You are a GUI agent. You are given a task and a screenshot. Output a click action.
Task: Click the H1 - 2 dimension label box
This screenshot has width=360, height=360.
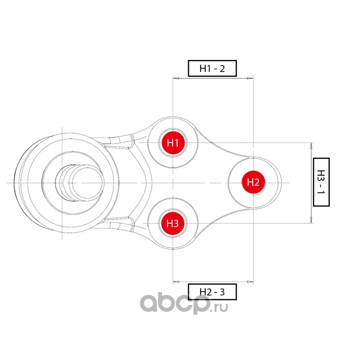pos(212,69)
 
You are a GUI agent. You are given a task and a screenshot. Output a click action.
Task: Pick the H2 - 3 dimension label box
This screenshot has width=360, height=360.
pos(212,292)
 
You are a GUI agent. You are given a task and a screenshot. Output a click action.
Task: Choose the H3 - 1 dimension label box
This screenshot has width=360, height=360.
pos(320,182)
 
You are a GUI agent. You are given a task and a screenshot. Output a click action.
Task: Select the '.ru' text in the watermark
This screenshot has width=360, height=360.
pos(220,307)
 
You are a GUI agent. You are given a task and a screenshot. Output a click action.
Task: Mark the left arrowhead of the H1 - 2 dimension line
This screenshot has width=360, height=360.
pos(176,78)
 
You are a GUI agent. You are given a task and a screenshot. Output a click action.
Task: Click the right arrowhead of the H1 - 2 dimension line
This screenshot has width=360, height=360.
pos(250,78)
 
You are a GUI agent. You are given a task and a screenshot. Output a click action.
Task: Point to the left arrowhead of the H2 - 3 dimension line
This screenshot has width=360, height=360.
pos(176,282)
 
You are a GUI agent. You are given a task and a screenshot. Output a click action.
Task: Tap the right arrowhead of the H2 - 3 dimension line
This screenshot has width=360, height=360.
pos(250,282)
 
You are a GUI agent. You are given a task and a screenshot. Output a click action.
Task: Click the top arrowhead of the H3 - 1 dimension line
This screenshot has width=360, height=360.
pos(311,145)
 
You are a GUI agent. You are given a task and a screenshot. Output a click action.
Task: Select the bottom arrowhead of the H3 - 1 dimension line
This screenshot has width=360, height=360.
pos(311,220)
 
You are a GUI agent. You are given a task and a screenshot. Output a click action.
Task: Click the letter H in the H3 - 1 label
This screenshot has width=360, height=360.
pos(320,173)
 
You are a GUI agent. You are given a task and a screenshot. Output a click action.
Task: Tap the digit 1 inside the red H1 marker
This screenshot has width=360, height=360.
pos(177,143)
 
